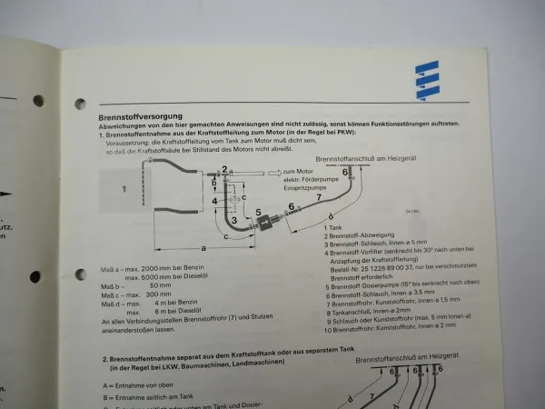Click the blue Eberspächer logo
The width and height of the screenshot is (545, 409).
426,80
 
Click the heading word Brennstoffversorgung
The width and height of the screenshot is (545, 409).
141,116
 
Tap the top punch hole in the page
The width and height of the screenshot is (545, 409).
80,104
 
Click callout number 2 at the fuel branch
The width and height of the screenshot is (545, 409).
223,170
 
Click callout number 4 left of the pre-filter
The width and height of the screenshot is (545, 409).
215,201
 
